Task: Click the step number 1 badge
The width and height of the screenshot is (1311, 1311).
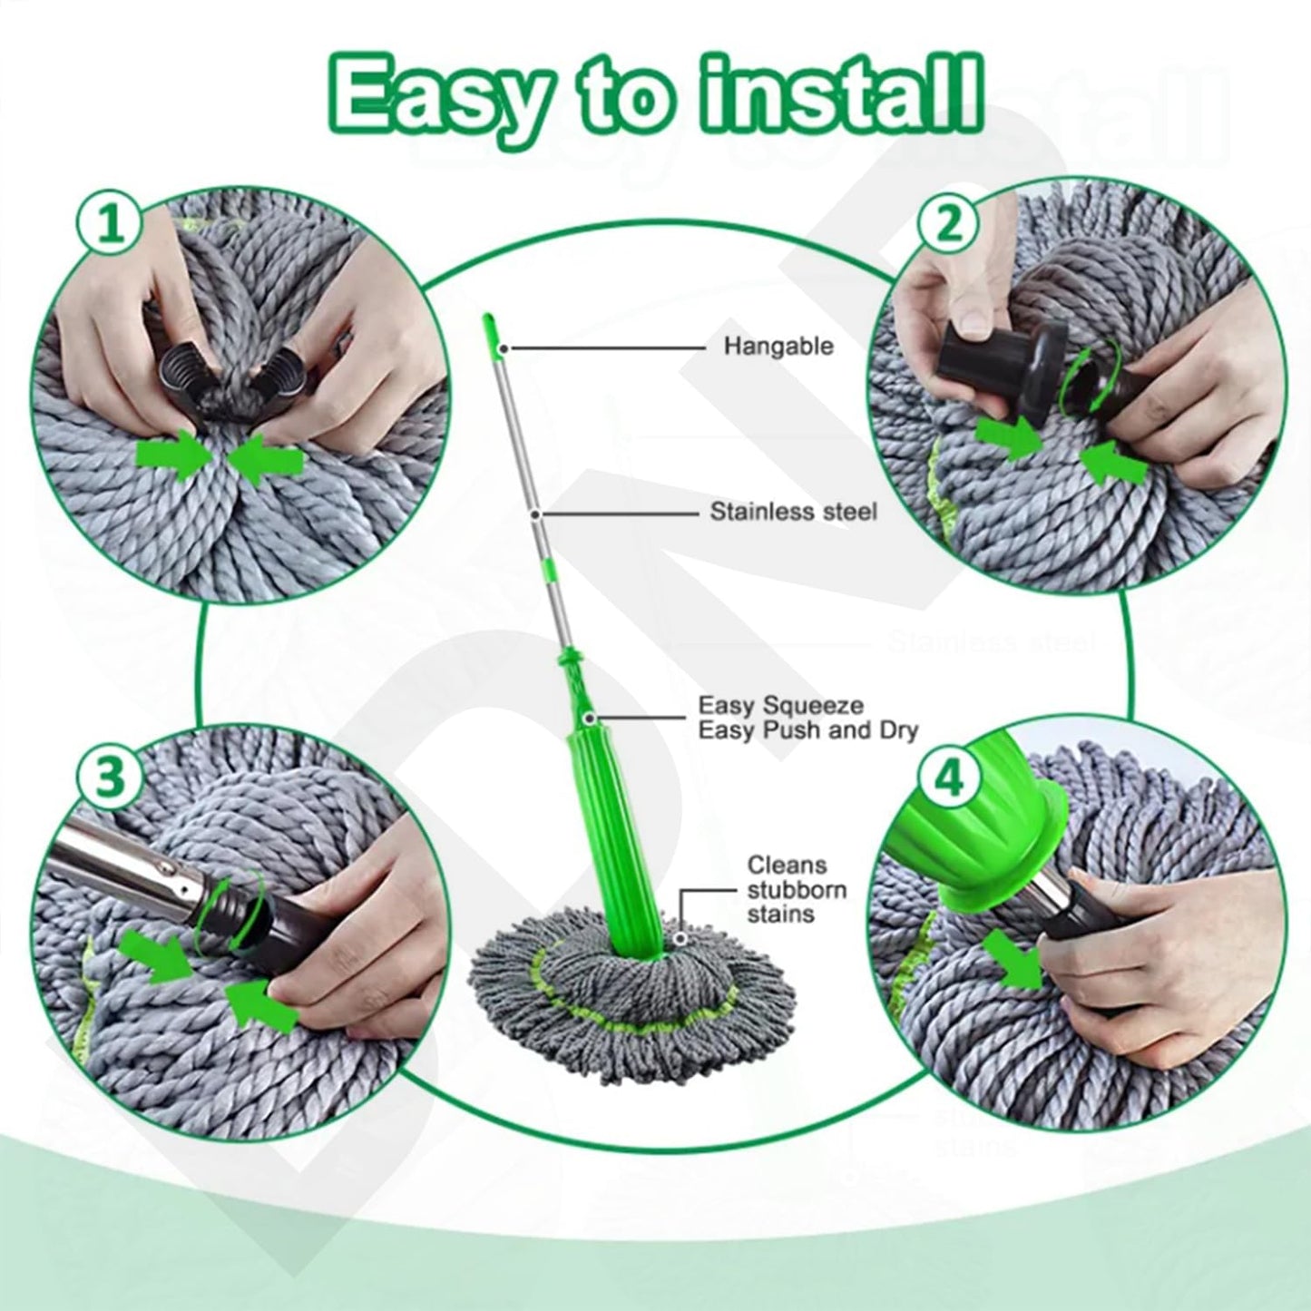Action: pos(112,224)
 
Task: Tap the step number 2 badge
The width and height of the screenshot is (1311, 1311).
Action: pos(949,224)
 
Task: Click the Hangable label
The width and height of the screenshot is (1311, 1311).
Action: pos(778,347)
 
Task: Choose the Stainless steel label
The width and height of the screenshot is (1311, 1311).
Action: pos(793,513)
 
